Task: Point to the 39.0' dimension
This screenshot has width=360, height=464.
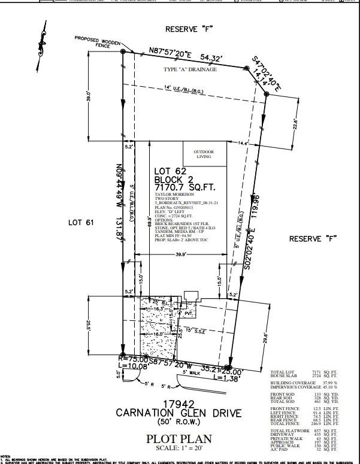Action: pos(90,98)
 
